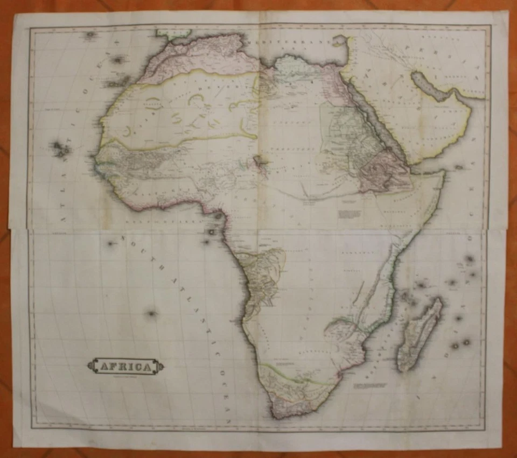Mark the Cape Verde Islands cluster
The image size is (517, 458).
[60, 149]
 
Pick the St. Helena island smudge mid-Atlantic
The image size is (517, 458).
[152, 313]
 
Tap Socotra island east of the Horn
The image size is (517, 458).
[459, 167]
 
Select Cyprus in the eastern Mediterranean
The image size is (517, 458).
[339, 39]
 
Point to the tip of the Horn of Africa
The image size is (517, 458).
[443, 173]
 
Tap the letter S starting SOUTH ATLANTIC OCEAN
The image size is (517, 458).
[123, 237]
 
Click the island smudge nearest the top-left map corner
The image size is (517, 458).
[90, 35]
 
